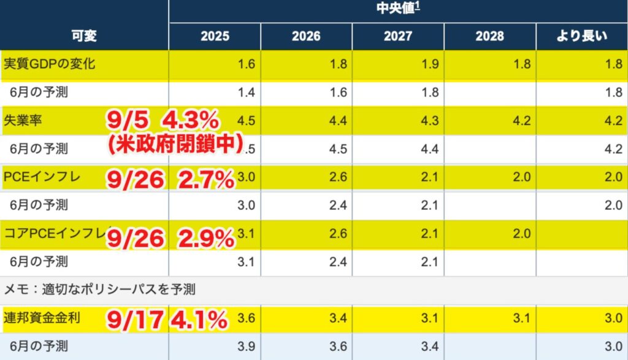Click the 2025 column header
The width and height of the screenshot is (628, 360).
point(215,36)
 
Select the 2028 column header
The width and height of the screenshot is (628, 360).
point(489,36)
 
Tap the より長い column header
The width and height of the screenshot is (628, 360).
point(581,36)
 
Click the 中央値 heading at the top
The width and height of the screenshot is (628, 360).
point(398,10)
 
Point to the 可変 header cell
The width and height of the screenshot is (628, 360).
point(84,36)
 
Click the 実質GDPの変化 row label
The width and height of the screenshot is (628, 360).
point(50,64)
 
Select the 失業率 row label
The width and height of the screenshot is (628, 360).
point(20,120)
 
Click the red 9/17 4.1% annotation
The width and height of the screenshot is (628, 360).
point(167,319)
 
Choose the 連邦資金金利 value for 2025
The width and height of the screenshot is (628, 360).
point(245,319)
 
